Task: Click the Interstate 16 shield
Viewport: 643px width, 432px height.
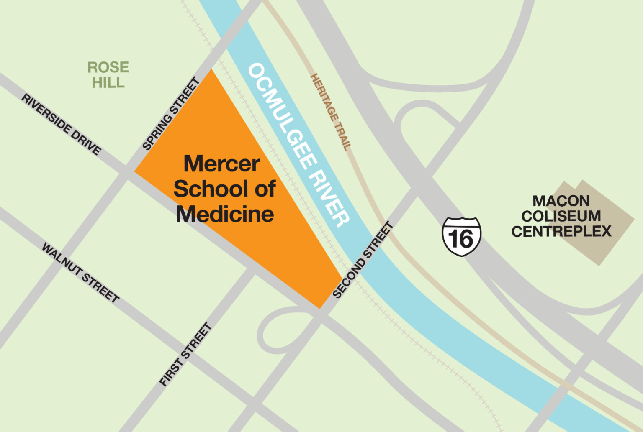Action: coord(461,236)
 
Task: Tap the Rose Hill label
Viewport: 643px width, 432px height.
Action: coord(108,74)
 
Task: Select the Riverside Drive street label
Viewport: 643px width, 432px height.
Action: coord(61,125)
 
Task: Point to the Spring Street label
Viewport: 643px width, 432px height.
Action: coord(171,114)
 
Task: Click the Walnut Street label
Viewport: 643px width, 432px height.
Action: coord(80,273)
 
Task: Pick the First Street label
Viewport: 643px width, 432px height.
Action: coord(185,354)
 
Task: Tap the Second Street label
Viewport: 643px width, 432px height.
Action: coord(363,260)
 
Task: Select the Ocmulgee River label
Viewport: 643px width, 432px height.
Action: coord(298,145)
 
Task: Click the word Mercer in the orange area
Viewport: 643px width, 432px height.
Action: coord(222,164)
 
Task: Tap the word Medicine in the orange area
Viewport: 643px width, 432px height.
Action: coord(225,214)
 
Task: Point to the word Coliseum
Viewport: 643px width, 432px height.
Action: coord(561,216)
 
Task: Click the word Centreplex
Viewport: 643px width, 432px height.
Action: coord(561,231)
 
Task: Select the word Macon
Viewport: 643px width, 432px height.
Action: coord(561,201)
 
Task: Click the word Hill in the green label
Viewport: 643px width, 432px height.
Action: coord(108,82)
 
